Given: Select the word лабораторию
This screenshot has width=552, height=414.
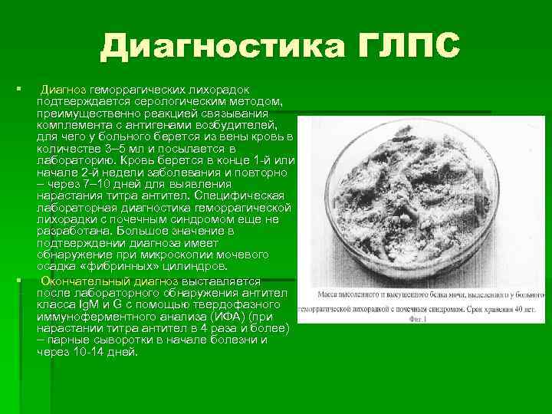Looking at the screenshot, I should [x=76, y=161].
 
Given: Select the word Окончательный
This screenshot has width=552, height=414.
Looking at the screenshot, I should [x=87, y=281].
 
